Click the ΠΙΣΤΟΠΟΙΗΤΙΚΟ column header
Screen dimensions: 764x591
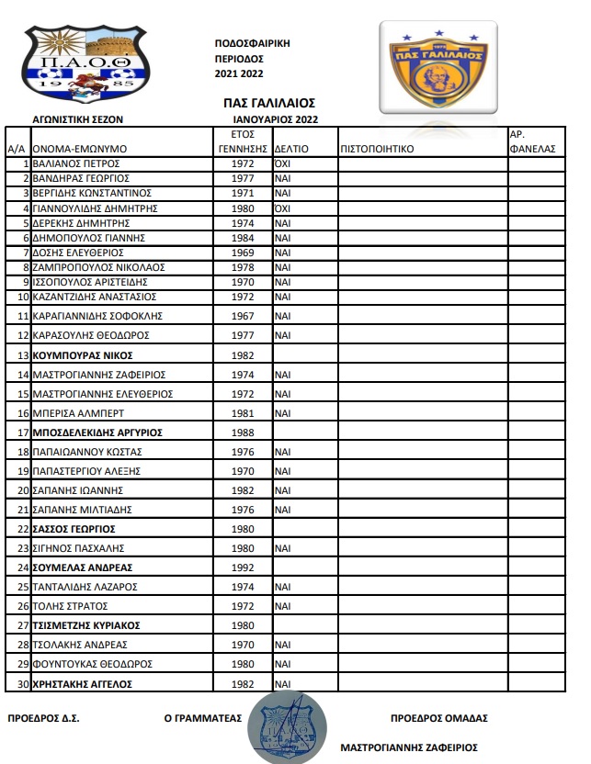[x=379, y=148]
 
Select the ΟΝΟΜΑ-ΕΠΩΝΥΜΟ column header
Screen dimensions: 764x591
[x=79, y=148]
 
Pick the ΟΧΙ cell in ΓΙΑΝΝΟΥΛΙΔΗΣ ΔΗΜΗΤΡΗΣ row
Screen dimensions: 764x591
[x=283, y=208]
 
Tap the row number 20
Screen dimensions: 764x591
[x=22, y=489]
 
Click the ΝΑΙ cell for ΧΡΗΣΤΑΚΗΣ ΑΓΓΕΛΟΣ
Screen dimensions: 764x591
[x=283, y=684]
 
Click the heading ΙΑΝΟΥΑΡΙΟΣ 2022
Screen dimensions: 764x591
[x=275, y=119]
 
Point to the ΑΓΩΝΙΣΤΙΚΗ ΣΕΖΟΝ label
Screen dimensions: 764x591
[x=77, y=119]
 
